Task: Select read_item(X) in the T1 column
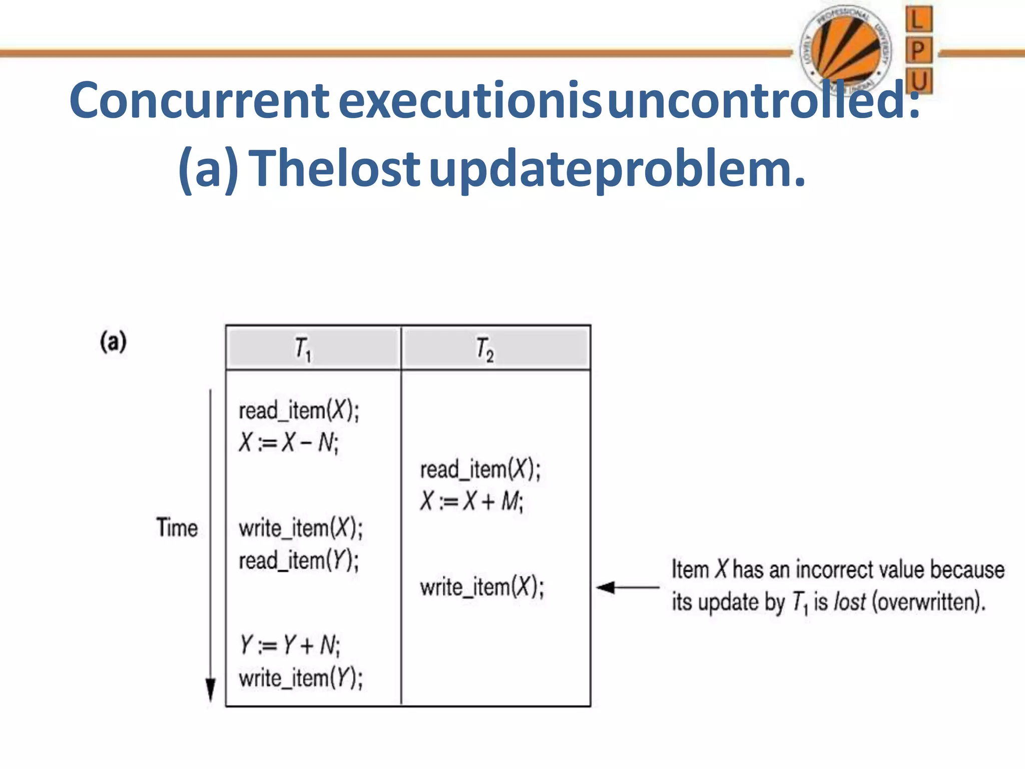299,411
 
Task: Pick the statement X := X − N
289,443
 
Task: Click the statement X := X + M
471,501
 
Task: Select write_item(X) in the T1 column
301,529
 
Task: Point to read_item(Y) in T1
299,560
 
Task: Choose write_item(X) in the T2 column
481,587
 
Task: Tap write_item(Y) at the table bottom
301,678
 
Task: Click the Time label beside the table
177,528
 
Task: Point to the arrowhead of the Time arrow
211,691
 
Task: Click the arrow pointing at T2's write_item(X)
627,587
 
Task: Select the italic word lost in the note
849,601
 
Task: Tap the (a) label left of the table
114,342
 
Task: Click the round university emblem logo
846,50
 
